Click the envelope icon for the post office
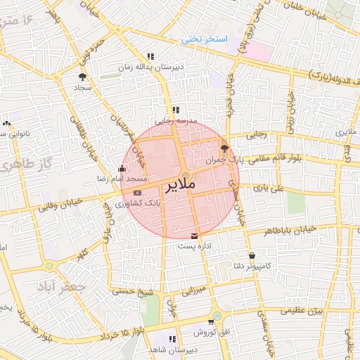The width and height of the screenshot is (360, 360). [195, 236]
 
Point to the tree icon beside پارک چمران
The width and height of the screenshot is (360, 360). [224, 148]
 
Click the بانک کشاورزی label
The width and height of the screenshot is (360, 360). [142, 202]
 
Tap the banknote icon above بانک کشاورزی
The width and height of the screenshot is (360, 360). [136, 192]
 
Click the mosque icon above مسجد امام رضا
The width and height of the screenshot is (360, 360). [122, 169]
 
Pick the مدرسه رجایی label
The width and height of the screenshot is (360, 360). [176, 121]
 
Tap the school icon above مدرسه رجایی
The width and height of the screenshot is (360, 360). [176, 110]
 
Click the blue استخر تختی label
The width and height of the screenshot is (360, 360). [206, 39]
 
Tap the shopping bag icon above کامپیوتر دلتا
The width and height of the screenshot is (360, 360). [252, 255]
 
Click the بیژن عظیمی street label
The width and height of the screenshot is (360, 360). [301, 310]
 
